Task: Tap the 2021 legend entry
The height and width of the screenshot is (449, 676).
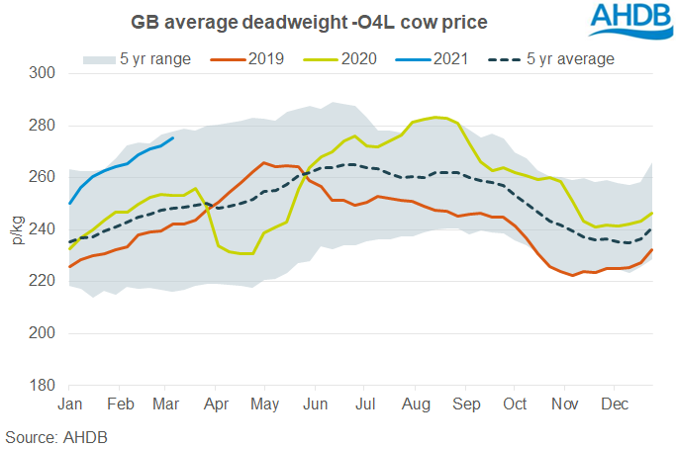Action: (458, 59)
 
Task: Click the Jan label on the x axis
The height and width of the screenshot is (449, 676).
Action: (69, 404)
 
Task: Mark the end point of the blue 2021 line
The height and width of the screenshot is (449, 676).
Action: (174, 138)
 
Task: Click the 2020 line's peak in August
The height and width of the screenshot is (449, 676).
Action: (437, 117)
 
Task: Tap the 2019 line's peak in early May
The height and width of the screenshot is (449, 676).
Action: (263, 163)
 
